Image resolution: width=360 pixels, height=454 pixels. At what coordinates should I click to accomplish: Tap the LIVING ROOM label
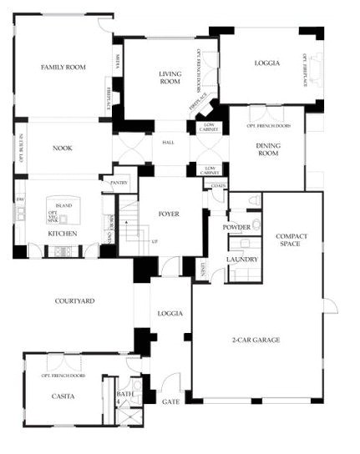[x=170, y=78]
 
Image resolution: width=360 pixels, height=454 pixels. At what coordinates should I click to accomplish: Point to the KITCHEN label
[x=62, y=234]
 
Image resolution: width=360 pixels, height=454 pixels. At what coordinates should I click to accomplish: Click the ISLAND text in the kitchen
[x=63, y=204]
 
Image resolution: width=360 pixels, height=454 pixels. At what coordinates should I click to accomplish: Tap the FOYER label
[x=170, y=214]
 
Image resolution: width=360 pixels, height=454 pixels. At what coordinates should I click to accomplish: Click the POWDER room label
[x=237, y=227]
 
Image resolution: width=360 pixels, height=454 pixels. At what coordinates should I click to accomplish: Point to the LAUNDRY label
[x=241, y=260]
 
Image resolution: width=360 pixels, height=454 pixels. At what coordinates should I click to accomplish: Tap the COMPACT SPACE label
[x=292, y=241]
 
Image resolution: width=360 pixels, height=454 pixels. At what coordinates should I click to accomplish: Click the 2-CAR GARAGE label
[x=256, y=340]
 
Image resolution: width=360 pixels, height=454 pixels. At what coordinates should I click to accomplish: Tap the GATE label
[x=170, y=401]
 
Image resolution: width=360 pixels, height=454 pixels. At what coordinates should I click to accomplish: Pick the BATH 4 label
[x=124, y=397]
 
